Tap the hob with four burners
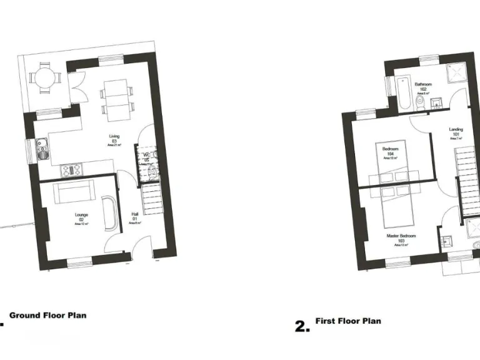pos(70,169)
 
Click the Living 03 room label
pos(114,139)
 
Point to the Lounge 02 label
pos(81,217)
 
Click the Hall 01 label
pos(135,216)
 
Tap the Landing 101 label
pos(456,132)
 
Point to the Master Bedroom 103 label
pos(401,238)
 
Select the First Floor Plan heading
pos(348,321)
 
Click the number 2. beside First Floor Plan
pos(302,326)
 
